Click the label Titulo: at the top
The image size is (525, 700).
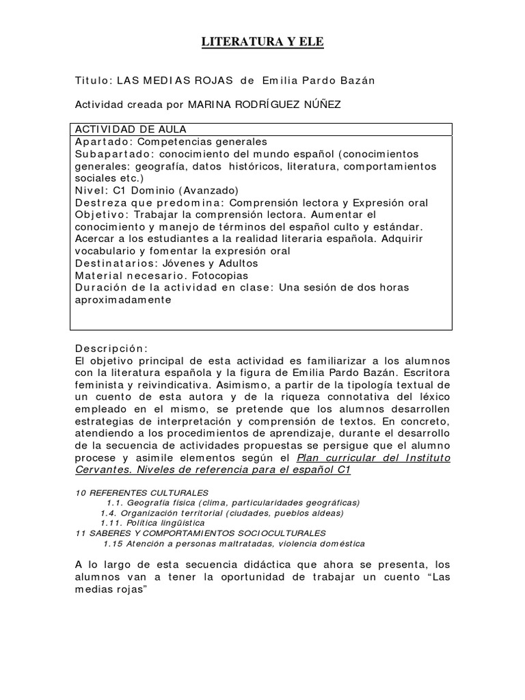(x=93, y=81)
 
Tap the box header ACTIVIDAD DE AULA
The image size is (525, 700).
(x=131, y=129)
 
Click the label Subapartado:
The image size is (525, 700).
(x=111, y=154)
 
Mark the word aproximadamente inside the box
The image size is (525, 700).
(x=121, y=299)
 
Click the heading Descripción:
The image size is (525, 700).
(x=110, y=347)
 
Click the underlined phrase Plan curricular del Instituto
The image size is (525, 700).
(x=373, y=457)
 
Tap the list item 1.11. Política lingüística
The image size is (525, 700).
(x=152, y=523)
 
